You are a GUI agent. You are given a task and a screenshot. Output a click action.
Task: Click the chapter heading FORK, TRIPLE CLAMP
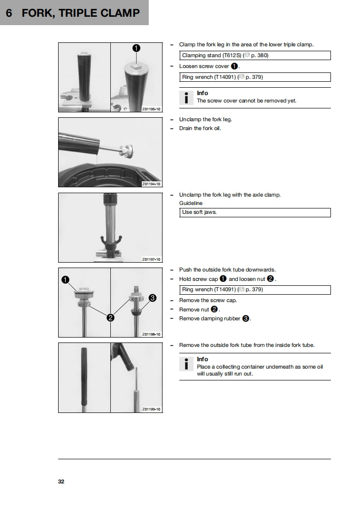(x=81, y=13)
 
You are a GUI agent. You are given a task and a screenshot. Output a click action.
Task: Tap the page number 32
(x=61, y=481)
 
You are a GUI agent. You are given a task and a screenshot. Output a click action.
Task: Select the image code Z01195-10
(x=151, y=108)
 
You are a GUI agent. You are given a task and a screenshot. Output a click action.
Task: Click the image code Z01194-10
(x=151, y=184)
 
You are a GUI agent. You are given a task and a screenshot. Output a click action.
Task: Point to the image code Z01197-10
(x=151, y=259)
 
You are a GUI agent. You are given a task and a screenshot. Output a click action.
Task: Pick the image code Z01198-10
(x=151, y=334)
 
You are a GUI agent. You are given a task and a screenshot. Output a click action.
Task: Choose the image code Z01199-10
(x=151, y=410)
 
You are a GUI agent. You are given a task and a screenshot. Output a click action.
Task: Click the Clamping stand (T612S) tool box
(x=255, y=56)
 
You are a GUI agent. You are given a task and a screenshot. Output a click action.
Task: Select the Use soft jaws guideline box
(x=255, y=212)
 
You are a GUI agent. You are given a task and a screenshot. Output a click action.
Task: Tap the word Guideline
(x=191, y=203)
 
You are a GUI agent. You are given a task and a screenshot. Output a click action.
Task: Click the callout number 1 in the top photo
(x=136, y=48)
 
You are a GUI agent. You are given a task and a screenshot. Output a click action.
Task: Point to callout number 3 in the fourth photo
(x=152, y=298)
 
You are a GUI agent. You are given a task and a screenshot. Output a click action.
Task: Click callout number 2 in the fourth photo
(x=111, y=318)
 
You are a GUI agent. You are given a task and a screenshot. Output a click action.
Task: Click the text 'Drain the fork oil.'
(x=200, y=129)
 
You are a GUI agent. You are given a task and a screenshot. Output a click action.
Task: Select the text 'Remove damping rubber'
(x=210, y=319)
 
